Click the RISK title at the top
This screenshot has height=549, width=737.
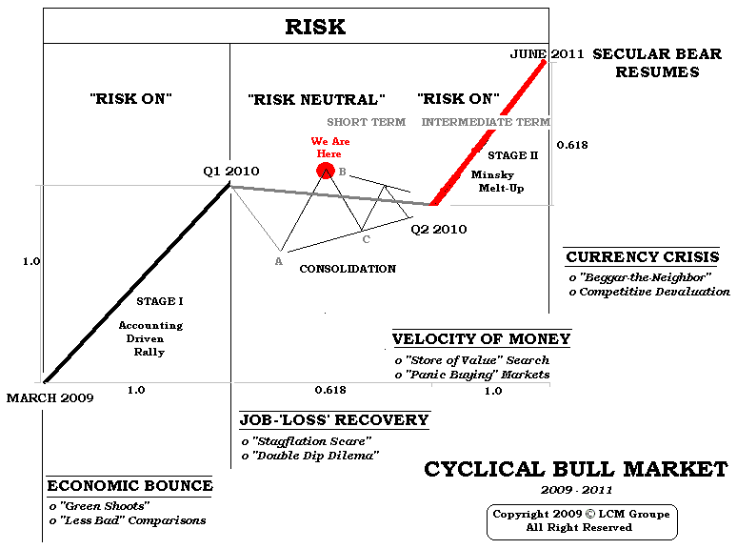click(315, 27)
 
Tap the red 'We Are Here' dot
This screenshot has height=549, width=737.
click(325, 171)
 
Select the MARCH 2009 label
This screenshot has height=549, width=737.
click(50, 397)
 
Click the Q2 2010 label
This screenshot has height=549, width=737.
click(439, 230)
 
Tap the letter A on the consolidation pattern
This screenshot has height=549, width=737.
click(279, 261)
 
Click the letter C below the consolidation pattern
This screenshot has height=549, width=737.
click(366, 239)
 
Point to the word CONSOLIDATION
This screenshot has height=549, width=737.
click(348, 269)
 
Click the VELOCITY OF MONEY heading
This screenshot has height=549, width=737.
click(481, 339)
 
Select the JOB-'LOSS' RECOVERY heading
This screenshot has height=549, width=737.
click(333, 420)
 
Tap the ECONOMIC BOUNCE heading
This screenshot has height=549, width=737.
click(129, 486)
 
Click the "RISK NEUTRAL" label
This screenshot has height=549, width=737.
click(316, 99)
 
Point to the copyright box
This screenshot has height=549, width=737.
click(581, 520)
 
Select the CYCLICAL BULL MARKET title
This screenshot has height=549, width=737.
click(575, 470)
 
